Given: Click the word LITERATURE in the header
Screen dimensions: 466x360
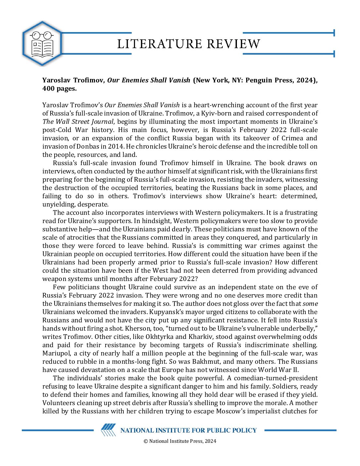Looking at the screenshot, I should pyautogui.click(x=159, y=44).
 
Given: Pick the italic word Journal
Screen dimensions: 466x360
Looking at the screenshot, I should pyautogui.click(x=101, y=121).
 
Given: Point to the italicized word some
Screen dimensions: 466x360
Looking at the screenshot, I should pyautogui.click(x=310, y=303).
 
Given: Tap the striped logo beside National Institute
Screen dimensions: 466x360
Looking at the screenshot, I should pyautogui.click(x=108, y=430).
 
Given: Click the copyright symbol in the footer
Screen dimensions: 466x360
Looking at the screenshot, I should pyautogui.click(x=146, y=441).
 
